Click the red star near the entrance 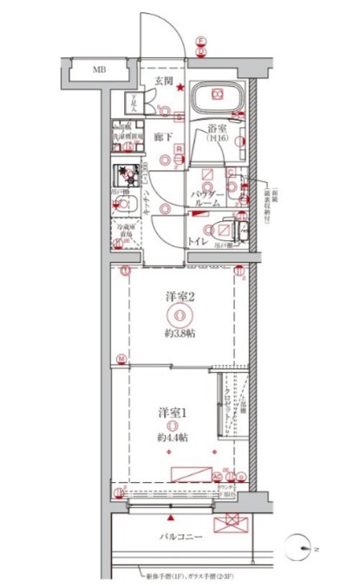[x=179, y=86]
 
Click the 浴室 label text [x=217, y=132]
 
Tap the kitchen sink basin [x=127, y=205]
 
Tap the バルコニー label [x=181, y=537]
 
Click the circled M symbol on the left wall [x=122, y=358]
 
